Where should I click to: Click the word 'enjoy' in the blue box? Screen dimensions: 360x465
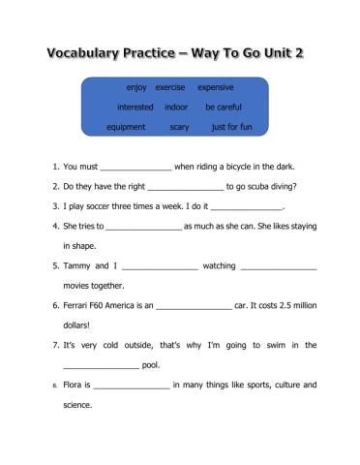[x=135, y=87]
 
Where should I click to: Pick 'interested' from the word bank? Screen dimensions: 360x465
[x=135, y=107]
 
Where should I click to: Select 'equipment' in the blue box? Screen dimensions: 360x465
[x=127, y=126]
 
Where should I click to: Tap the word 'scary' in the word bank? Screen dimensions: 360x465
[x=179, y=126]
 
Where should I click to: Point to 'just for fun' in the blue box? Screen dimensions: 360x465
[x=231, y=126]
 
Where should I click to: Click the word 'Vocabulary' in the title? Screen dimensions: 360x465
[x=92, y=51]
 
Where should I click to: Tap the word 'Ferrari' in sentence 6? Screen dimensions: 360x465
[x=78, y=305]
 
